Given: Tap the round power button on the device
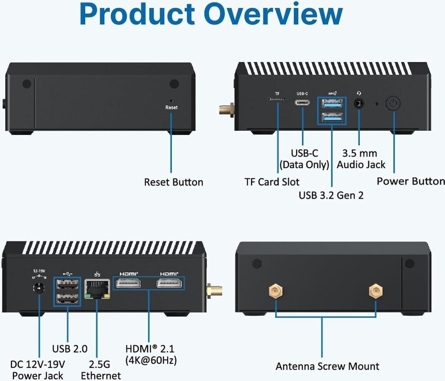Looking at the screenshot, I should point(392,104).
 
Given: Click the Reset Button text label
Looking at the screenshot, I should point(173,182).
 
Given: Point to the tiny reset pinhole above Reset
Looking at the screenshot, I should point(171,100).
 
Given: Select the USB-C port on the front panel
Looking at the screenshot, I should point(302,103).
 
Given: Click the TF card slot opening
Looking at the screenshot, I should point(277,99).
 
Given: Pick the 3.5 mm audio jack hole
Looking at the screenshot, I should point(359,104).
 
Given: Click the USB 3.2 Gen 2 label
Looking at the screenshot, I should point(331,195).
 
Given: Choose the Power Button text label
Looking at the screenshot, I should point(410,181).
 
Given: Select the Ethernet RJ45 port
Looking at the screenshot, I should point(97,289).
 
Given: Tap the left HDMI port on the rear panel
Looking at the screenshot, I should point(127,284).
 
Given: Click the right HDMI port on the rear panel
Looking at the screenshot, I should point(169,284).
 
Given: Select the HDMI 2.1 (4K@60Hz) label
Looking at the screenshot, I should point(151,354).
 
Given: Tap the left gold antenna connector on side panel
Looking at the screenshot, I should point(275,291).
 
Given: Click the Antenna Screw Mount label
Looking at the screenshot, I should point(327,366).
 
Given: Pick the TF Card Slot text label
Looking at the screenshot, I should point(272,181).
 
